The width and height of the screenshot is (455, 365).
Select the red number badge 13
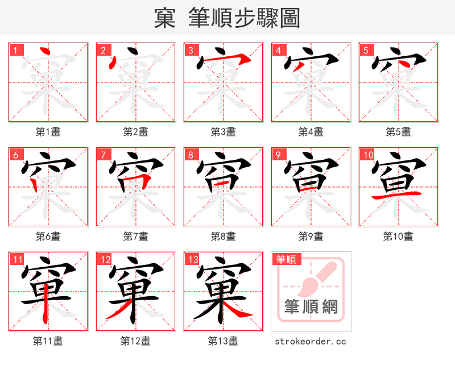(192, 260)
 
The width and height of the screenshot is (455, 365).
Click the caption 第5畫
(398, 132)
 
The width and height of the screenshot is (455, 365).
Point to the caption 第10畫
(398, 237)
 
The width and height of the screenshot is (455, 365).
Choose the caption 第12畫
(135, 341)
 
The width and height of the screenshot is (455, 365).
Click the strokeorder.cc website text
(310, 342)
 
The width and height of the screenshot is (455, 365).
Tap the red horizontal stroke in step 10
(398, 195)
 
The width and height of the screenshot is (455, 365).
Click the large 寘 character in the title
(165, 18)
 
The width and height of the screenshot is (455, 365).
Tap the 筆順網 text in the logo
(311, 308)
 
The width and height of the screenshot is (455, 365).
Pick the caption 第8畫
(223, 237)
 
